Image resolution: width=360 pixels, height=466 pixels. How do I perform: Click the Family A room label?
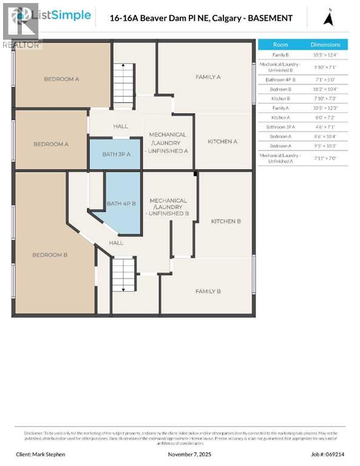click(x=208, y=77)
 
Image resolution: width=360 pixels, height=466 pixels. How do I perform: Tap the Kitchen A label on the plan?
click(x=222, y=141)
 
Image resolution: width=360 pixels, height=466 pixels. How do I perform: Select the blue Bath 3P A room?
click(x=117, y=154)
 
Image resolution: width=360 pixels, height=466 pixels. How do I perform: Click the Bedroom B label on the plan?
click(x=50, y=255)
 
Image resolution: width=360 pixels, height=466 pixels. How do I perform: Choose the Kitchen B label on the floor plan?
click(x=226, y=221)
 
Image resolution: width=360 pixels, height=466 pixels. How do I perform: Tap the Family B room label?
click(x=208, y=291)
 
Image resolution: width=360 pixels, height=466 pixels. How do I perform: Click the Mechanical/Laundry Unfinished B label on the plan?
click(x=168, y=207)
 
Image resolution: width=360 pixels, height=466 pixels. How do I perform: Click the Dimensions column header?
click(x=325, y=44)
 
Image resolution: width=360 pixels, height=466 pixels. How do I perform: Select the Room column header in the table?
click(x=280, y=44)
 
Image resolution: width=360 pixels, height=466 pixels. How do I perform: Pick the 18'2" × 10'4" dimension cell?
click(x=325, y=89)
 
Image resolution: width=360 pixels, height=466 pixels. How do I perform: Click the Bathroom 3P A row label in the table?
click(x=280, y=127)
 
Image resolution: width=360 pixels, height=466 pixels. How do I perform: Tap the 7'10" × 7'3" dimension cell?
click(x=325, y=98)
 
